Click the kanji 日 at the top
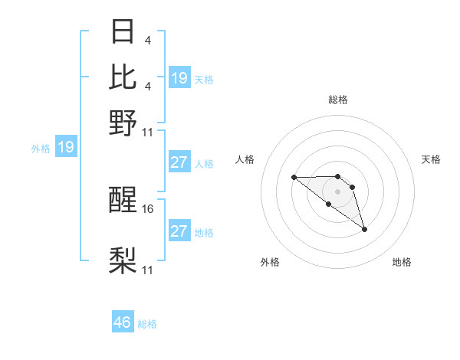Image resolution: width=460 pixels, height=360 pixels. point(123,33)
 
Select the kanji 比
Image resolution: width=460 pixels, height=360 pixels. point(123,77)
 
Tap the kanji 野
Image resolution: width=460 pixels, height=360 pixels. point(123,122)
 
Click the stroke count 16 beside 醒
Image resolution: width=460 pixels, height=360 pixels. point(149,208)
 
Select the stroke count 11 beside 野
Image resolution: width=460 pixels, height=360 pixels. point(148,132)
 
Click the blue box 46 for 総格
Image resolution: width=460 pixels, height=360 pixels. point(123,322)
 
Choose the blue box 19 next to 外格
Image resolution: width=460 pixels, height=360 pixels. point(66,147)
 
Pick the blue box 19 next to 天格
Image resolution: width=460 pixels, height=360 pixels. point(179,77)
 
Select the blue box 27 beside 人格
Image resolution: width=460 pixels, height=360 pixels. point(179,162)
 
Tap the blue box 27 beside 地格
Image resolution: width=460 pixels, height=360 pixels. point(179,231)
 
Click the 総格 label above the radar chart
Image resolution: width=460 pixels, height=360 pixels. point(338,100)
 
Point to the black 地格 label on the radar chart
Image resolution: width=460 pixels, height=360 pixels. point(402,262)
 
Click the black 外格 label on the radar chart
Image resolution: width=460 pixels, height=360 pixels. point(270,262)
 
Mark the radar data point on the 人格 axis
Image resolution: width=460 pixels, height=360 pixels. point(294,178)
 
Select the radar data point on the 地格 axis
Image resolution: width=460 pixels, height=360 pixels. point(364,229)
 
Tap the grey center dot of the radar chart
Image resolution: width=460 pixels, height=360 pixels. point(338,191)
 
